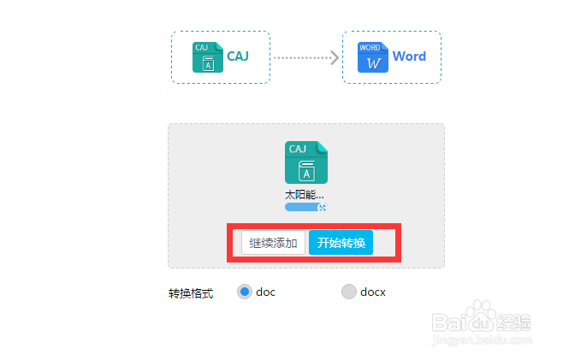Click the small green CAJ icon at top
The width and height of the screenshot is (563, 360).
pyautogui.click(x=207, y=57)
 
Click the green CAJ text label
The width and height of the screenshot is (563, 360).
pyautogui.click(x=237, y=57)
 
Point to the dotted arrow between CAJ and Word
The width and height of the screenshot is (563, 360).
pyautogui.click(x=307, y=57)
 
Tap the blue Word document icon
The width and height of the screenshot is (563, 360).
pyautogui.click(x=372, y=57)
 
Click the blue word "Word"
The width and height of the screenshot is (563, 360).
pyautogui.click(x=409, y=57)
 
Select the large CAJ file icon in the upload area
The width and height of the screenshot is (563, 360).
pyautogui.click(x=305, y=162)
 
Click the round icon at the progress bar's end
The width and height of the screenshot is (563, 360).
pyautogui.click(x=323, y=207)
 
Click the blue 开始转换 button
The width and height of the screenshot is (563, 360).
pyautogui.click(x=341, y=243)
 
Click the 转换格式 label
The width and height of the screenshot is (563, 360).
pyautogui.click(x=191, y=293)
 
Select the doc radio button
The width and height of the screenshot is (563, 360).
pyautogui.click(x=245, y=292)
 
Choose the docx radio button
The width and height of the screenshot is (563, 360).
pyautogui.click(x=348, y=292)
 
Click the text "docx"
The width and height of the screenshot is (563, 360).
pyautogui.click(x=373, y=292)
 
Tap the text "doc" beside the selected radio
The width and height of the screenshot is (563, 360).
pyautogui.click(x=266, y=292)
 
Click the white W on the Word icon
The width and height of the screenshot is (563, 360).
pyautogui.click(x=372, y=63)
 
